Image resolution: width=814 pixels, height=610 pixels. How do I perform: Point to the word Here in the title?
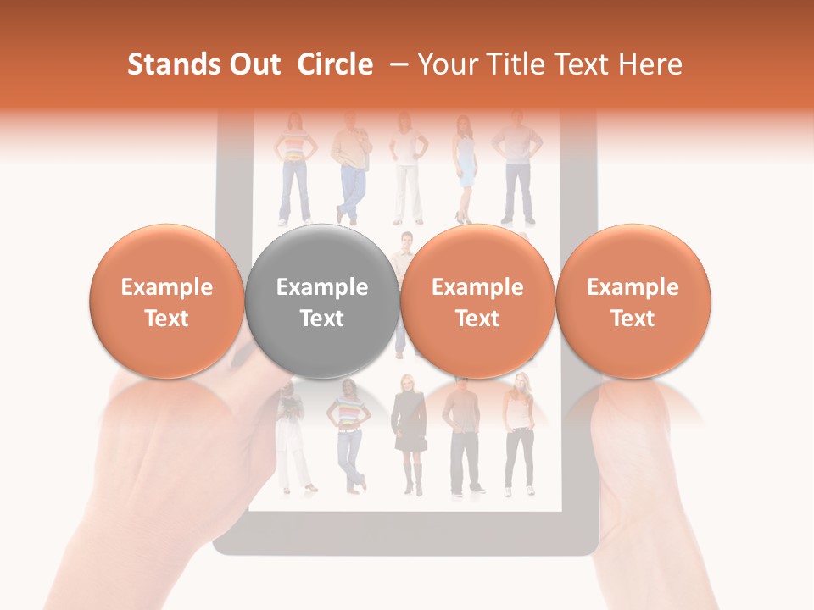[649, 64]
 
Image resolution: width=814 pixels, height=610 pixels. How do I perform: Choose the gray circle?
[322, 301]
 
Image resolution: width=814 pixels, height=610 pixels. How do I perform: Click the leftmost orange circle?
[167, 301]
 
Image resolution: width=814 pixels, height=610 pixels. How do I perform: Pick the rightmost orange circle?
[633, 301]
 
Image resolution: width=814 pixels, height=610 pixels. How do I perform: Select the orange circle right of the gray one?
[477, 301]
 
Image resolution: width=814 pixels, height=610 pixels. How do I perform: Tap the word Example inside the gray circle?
[322, 287]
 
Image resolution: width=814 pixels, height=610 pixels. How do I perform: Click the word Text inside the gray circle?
[322, 319]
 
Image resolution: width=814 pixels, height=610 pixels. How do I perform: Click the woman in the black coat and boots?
[410, 432]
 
